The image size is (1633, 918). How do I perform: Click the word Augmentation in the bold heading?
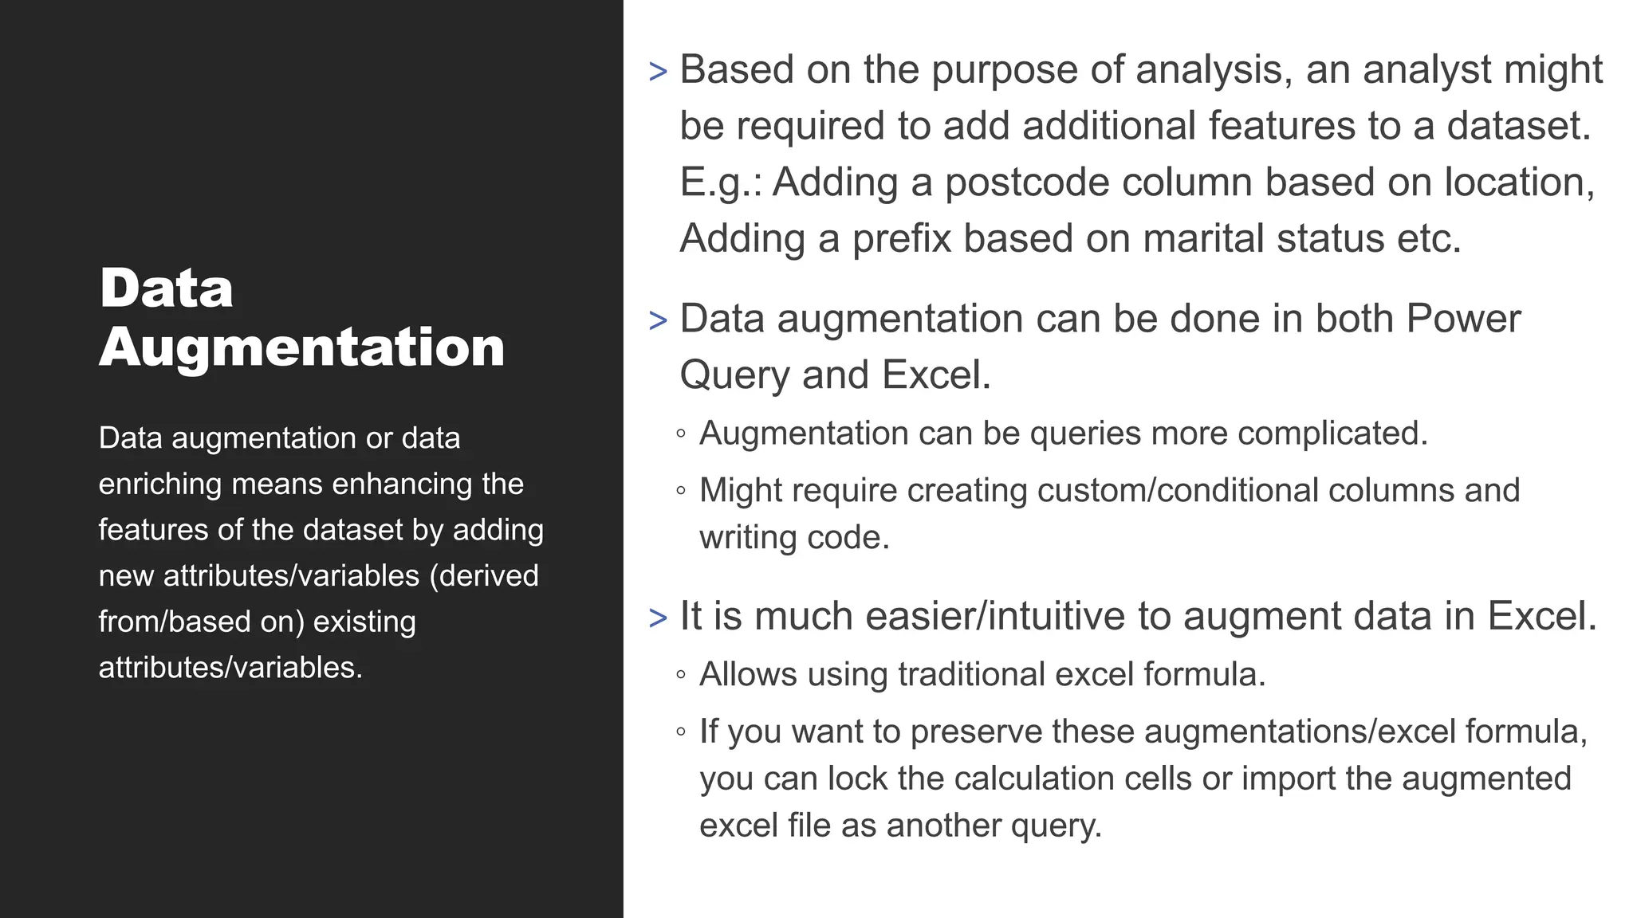pos(301,348)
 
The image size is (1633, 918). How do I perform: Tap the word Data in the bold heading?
pos(166,288)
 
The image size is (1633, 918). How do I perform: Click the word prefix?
pos(901,238)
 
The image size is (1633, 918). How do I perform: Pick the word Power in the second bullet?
pos(1463,319)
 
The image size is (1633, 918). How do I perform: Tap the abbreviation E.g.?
pos(721,182)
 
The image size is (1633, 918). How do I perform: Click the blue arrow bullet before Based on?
pos(658,72)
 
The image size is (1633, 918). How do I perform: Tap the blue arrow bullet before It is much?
pos(658,618)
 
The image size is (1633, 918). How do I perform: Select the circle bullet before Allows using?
pos(680,675)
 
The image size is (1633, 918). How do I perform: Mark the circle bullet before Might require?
pos(680,491)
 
